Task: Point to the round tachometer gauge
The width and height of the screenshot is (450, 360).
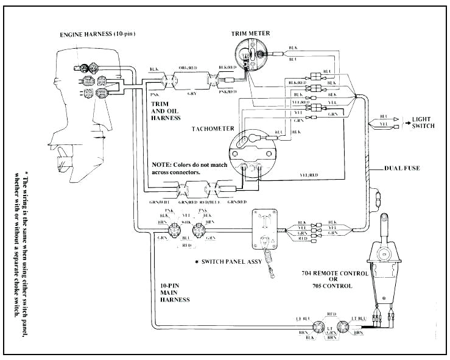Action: [250, 152]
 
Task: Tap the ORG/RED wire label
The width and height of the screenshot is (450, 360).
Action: [188, 68]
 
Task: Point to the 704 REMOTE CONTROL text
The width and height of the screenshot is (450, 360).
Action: [336, 274]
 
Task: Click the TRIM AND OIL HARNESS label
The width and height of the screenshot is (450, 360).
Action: [165, 110]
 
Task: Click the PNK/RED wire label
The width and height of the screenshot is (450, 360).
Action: [228, 91]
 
